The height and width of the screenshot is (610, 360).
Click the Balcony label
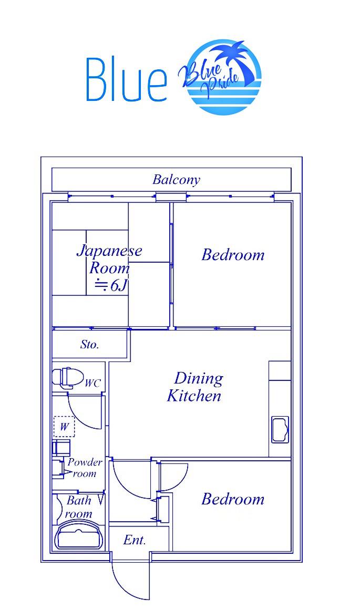click(176, 180)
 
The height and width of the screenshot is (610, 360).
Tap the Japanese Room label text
click(109, 259)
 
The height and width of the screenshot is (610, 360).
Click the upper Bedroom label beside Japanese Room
click(233, 255)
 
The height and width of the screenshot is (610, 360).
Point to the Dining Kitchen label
click(196, 387)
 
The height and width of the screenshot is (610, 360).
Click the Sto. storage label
click(89, 344)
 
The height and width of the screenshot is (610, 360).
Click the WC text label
click(92, 383)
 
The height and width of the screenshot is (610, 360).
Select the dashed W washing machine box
click(64, 427)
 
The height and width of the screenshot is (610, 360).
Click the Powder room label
click(85, 468)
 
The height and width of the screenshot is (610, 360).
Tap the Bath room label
click(79, 507)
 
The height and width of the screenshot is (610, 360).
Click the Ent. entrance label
click(135, 540)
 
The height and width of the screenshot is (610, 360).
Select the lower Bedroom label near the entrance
click(233, 499)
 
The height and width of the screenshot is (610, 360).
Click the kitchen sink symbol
click(280, 429)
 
